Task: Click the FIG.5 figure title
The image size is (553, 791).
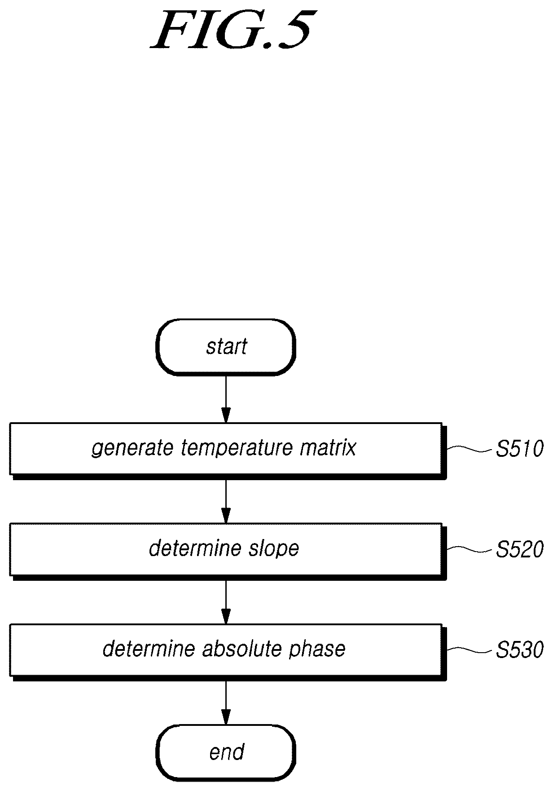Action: [230, 30]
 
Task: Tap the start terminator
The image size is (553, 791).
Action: [226, 347]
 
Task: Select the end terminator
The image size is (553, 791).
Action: [226, 752]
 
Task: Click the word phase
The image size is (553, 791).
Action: [317, 649]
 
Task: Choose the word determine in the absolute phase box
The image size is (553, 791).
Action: [149, 649]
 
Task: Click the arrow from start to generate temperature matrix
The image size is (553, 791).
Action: [226, 399]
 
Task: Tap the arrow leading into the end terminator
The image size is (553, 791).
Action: [226, 702]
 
